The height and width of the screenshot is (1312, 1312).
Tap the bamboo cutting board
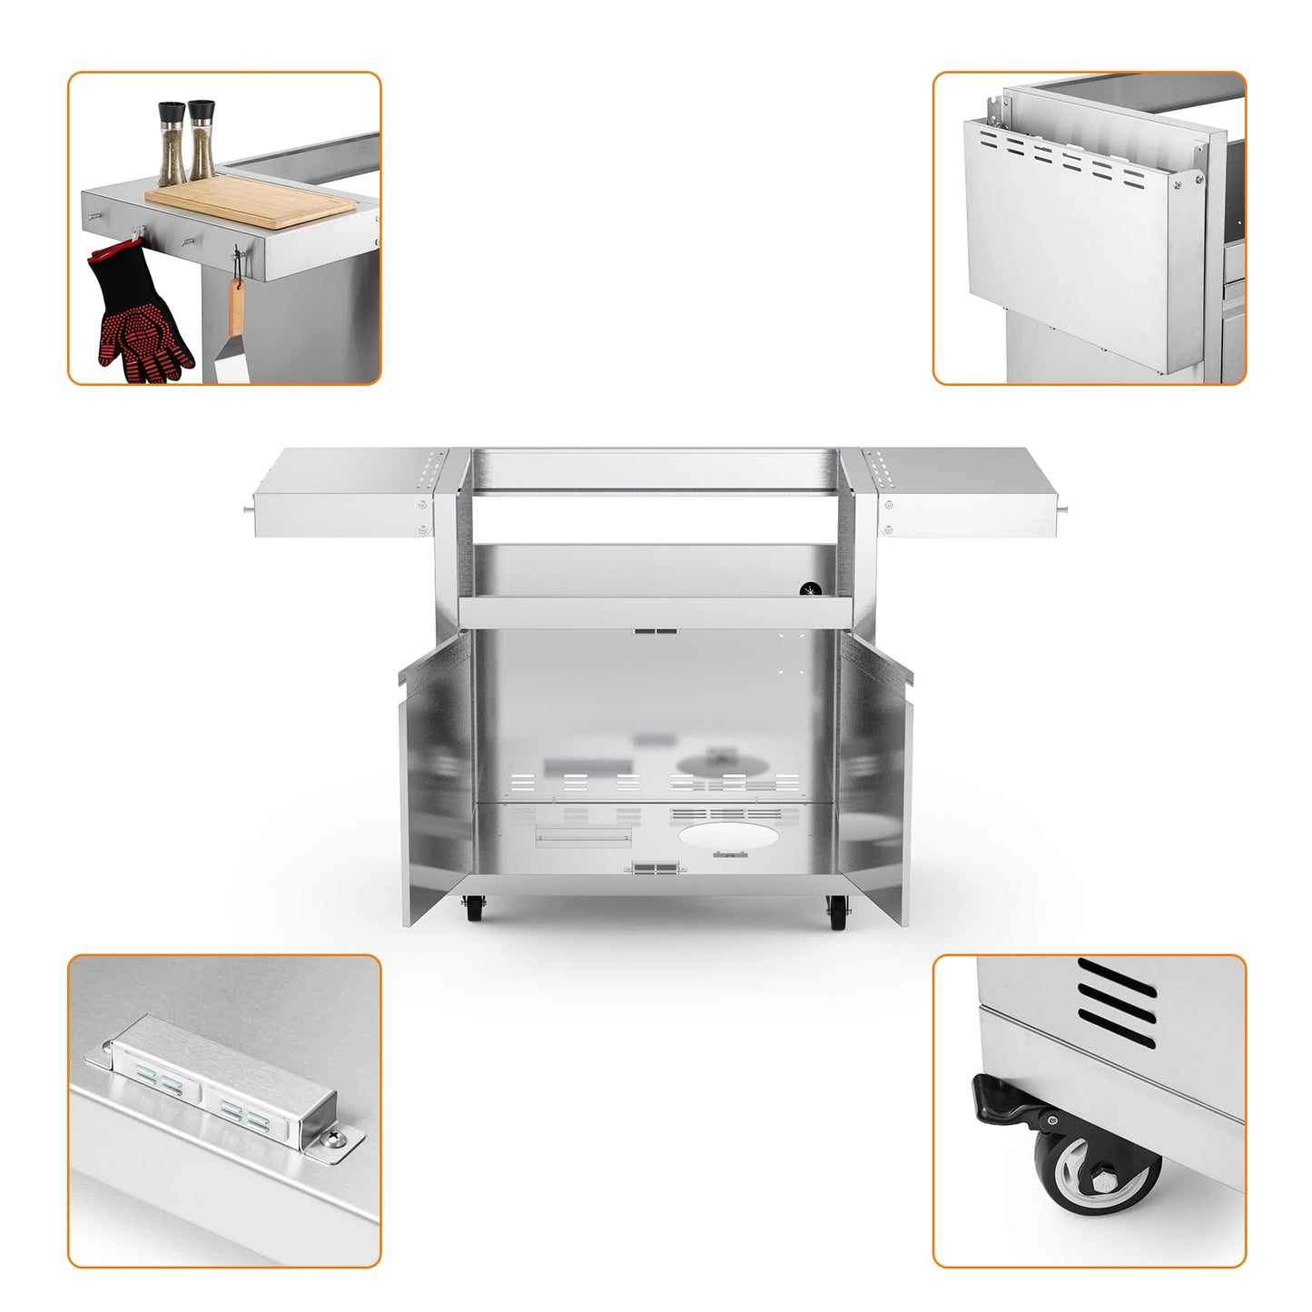pos(250,201)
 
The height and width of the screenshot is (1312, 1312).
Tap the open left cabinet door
pos(436,772)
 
